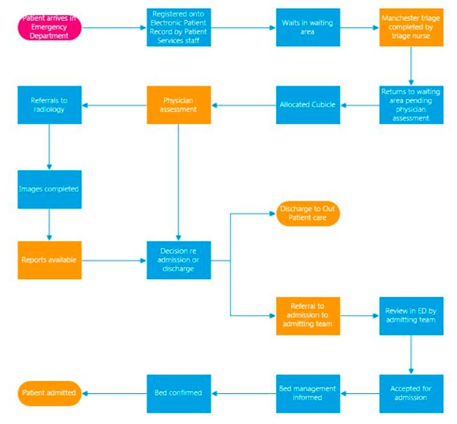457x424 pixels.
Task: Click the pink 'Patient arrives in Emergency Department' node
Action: pos(49,28)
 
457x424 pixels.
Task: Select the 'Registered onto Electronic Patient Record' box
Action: pos(179,28)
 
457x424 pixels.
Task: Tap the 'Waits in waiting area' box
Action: pos(308,28)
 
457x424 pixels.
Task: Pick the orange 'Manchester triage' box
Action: pos(411,28)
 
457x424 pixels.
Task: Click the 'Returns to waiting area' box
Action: pos(411,105)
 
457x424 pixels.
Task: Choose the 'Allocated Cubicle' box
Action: pos(308,105)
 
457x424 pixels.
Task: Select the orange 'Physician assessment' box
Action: pos(179,105)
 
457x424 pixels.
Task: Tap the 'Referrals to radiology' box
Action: pos(49,105)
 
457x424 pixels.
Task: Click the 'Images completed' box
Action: pos(49,189)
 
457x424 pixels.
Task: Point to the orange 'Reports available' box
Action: pos(49,260)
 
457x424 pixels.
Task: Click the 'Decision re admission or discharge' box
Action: pos(179,260)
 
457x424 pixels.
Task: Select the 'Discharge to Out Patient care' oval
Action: pos(308,213)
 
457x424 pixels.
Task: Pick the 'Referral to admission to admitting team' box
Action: pos(308,315)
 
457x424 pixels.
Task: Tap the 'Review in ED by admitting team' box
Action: pos(411,315)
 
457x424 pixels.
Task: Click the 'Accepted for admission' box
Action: pos(411,393)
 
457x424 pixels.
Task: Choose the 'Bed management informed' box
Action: pos(308,393)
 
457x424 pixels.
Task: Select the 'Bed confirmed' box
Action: pos(179,393)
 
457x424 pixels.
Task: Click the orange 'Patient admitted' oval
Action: pos(49,393)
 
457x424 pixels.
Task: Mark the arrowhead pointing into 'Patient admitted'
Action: pos(85,393)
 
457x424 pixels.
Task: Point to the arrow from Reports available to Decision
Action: pos(114,260)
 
